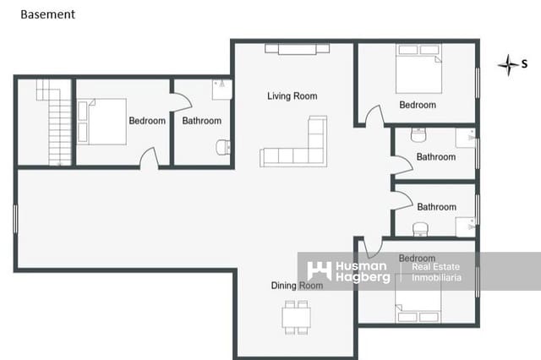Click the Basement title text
coord(47,14)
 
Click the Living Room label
coord(292,96)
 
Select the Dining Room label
coord(297,286)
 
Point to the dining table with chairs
coord(296,316)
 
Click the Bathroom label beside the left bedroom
coord(201,121)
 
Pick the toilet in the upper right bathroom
coord(418,135)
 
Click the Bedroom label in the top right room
coord(418,105)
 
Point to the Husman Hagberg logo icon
coord(319,270)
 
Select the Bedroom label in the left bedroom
coord(147,121)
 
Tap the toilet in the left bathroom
coord(223,147)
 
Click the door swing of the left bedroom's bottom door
coord(149,157)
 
